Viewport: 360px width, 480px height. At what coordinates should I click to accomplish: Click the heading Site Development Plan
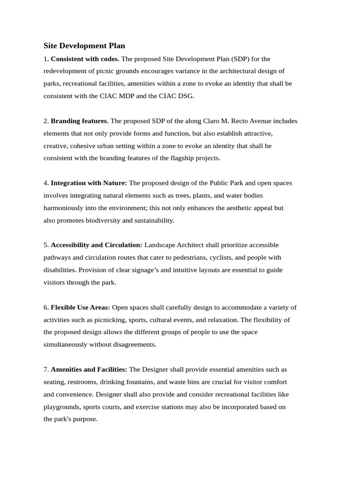[84, 46]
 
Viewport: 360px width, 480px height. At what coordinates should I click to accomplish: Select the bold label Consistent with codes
[85, 59]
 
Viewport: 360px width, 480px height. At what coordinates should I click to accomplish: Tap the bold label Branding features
[80, 121]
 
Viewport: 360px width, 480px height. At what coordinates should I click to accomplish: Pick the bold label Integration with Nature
[89, 183]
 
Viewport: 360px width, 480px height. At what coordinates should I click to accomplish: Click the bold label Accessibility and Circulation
[97, 245]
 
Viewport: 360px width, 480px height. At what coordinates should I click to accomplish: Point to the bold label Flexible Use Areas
[81, 307]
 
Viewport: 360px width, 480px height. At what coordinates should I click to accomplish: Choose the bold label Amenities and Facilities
[89, 369]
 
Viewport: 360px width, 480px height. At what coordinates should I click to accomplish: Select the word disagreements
[133, 345]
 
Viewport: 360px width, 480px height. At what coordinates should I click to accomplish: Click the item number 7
[46, 369]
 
